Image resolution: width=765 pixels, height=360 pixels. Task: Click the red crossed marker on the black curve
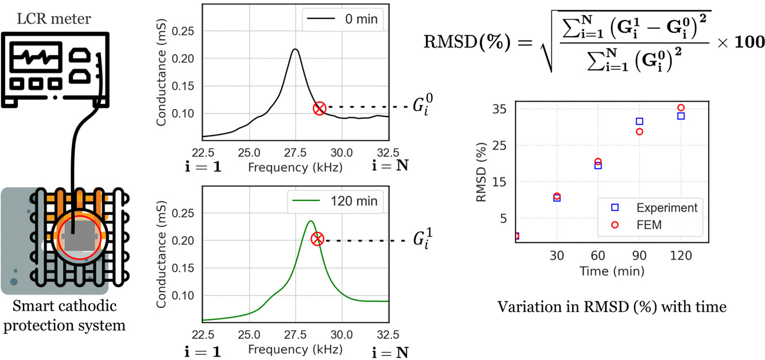(320, 107)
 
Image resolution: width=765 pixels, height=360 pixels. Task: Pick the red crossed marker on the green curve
(317, 239)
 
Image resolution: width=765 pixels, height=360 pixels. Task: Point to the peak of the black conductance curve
(295, 49)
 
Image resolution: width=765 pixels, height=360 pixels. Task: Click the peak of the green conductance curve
(310, 221)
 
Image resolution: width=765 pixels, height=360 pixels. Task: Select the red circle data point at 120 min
(681, 107)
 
